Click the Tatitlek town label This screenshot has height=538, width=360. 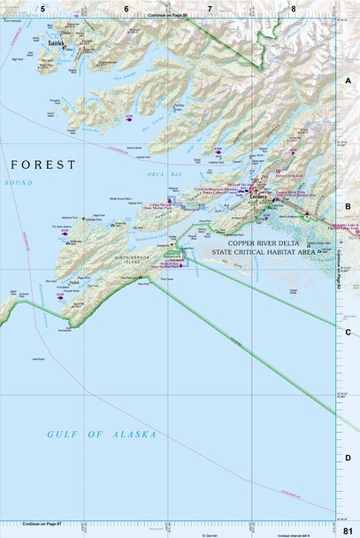[x=57, y=42]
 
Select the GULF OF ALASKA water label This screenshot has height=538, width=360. [x=102, y=434]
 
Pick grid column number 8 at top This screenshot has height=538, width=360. [x=294, y=8]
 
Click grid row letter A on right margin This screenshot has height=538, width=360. [x=349, y=80]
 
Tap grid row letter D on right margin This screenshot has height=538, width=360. [x=349, y=457]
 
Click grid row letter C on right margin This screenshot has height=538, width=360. [x=349, y=332]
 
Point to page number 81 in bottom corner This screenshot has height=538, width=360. [x=349, y=530]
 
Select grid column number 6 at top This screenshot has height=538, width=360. [x=126, y=8]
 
